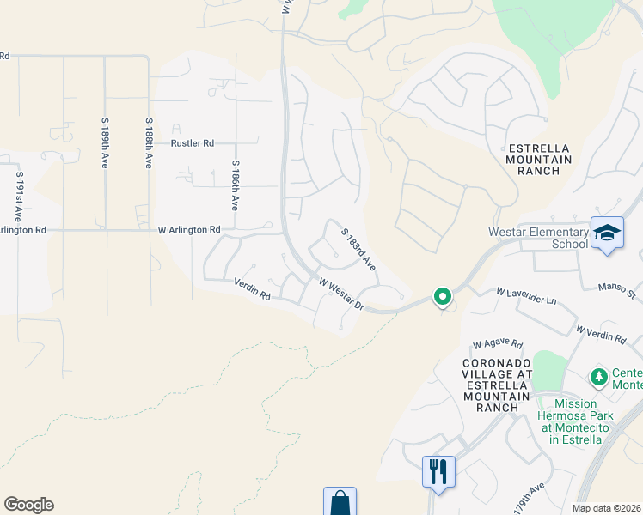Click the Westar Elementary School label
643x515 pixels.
pos(537,238)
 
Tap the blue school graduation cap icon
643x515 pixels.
pos(607,234)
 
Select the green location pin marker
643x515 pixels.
pos(443,297)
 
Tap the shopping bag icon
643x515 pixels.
pos(340,502)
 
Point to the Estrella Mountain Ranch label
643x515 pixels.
pos(539,159)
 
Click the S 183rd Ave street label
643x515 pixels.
pos(358,249)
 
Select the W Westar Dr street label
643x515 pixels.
pos(342,294)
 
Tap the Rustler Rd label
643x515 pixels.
pos(192,143)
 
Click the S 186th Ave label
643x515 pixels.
pos(234,185)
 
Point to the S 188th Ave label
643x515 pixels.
pos(149,142)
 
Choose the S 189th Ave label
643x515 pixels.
pos(105,142)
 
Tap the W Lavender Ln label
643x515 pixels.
pos(525,296)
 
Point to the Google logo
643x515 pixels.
pos(28,505)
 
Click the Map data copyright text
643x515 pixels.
pos(607,508)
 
